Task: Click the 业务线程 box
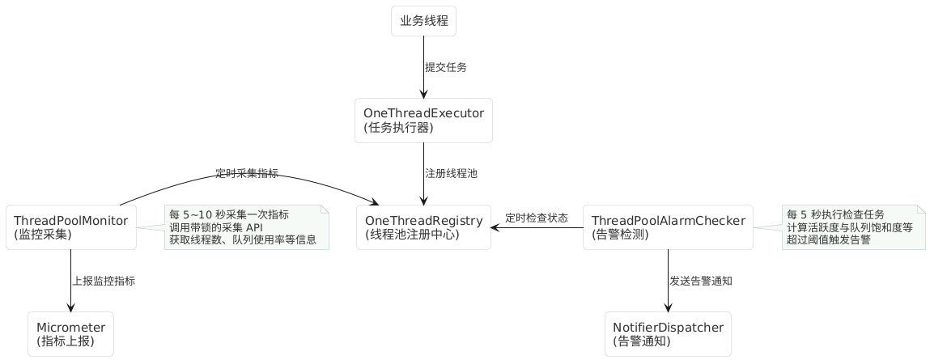423,21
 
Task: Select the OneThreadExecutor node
423,121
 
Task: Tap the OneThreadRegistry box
423,227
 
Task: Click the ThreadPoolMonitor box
71,227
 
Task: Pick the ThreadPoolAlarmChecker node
668,227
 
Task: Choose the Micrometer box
70,334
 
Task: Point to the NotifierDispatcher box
668,334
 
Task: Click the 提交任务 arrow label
446,68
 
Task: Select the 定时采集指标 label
247,173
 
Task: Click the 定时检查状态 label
537,218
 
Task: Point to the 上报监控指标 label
104,282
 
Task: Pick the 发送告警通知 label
701,282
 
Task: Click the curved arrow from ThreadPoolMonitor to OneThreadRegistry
243,180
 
